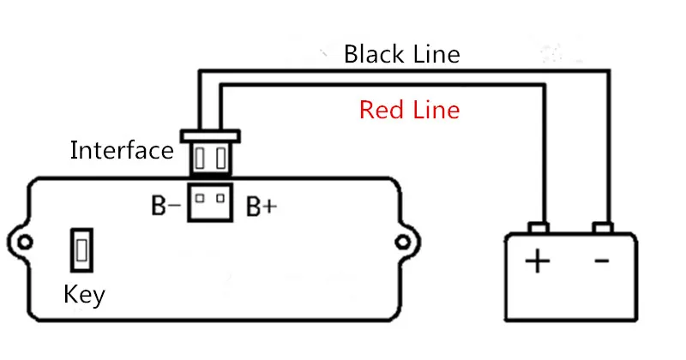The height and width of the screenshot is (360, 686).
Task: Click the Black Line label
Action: tap(401, 54)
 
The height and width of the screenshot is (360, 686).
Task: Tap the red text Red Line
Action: tap(410, 110)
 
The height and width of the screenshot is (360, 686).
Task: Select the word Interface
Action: tap(122, 150)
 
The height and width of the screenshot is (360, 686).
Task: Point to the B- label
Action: tap(165, 205)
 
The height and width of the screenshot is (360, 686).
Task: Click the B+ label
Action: tap(262, 206)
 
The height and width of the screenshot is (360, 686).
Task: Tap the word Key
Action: tap(84, 295)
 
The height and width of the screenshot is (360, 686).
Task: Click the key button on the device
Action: tap(81, 250)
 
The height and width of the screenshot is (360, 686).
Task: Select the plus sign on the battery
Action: tap(538, 261)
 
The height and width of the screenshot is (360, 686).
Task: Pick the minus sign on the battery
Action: tap(602, 261)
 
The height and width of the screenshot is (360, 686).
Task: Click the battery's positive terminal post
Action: tap(539, 228)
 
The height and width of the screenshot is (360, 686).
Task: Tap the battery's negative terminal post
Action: tap(603, 228)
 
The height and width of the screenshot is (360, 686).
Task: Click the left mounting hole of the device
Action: tap(25, 242)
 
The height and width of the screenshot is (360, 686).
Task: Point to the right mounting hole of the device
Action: tap(402, 242)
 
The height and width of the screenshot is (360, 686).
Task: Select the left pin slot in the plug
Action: tap(200, 158)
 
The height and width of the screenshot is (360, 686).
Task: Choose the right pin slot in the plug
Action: tap(221, 158)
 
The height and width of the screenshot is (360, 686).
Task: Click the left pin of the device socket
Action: tap(200, 199)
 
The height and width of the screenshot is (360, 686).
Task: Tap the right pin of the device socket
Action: tap(220, 199)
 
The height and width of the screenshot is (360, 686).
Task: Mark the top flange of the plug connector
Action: tap(210, 136)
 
